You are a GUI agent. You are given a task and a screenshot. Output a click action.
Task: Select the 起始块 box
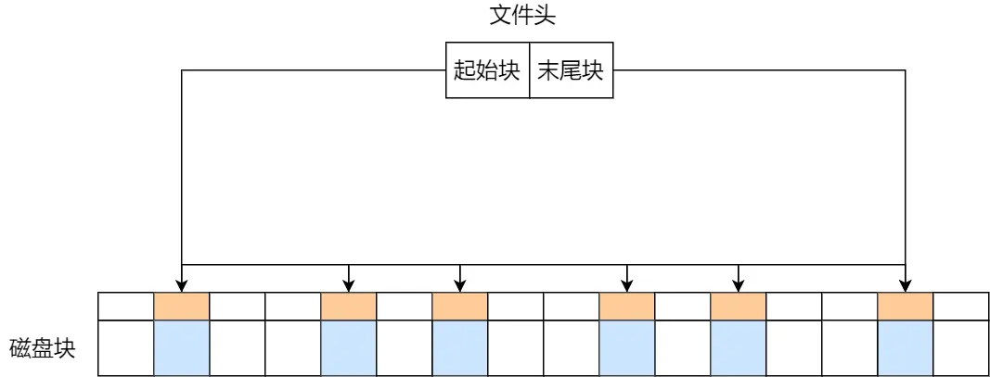[487, 70]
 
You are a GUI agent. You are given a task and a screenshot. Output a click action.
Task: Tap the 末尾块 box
[571, 70]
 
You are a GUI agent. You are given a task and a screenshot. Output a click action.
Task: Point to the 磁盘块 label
[42, 349]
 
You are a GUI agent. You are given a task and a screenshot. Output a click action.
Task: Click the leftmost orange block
[181, 307]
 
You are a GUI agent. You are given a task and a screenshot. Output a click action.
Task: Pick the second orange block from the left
[348, 307]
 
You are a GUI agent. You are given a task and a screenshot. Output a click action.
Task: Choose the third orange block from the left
[460, 307]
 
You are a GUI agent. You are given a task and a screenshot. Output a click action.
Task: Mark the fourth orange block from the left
[627, 307]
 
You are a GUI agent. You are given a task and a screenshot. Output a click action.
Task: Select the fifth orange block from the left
[739, 307]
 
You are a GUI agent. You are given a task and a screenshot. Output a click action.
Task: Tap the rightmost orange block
[906, 307]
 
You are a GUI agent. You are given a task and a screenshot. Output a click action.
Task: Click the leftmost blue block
[181, 347]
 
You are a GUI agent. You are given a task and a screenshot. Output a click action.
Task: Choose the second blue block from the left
[348, 347]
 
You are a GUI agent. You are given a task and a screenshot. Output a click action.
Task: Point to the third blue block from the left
[460, 347]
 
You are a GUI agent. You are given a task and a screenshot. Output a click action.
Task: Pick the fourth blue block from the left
[627, 347]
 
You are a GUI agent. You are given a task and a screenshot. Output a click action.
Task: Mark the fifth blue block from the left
[739, 347]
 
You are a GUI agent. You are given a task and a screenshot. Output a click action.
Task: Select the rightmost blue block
[906, 347]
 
